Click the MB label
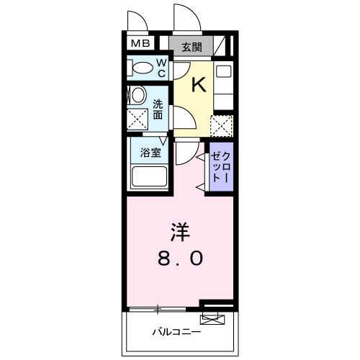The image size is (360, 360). click(x=140, y=42)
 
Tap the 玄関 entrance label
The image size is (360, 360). click(x=191, y=48)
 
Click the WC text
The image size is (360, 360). click(x=161, y=68)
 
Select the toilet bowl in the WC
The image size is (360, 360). click(x=144, y=68)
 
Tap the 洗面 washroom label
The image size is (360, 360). click(x=157, y=108)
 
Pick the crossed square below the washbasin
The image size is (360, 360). click(x=137, y=120)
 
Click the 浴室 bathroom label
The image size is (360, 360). click(x=150, y=152)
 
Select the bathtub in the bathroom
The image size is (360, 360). click(x=150, y=177)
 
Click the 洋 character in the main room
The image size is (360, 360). click(x=181, y=232)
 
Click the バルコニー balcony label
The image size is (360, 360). click(x=176, y=332)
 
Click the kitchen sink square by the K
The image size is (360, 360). click(x=223, y=72)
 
